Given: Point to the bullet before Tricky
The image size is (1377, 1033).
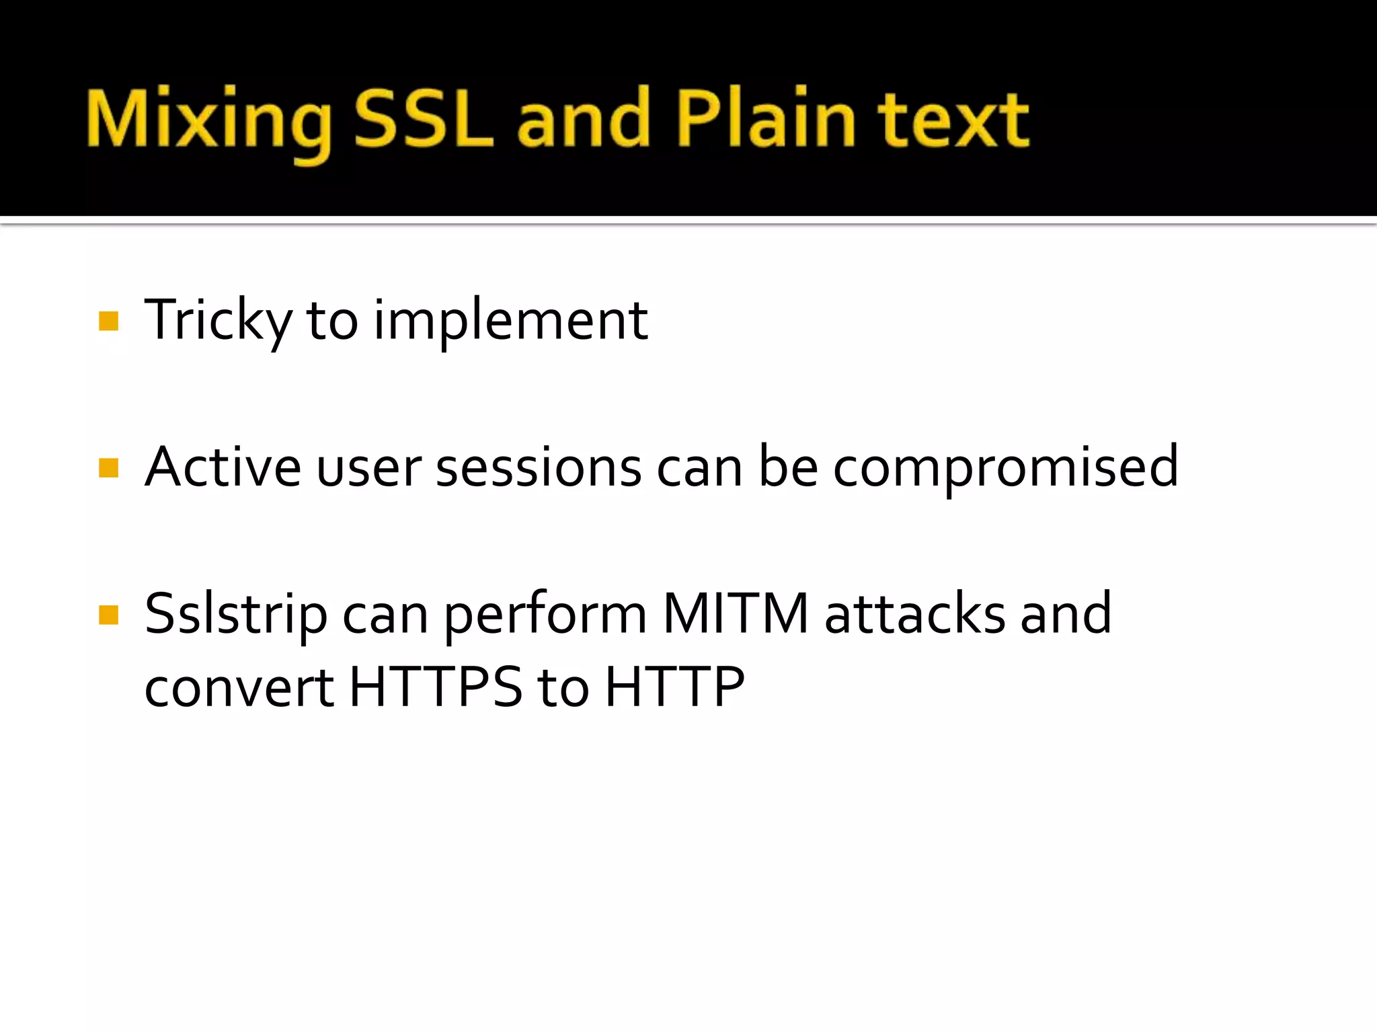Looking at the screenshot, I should [x=108, y=321].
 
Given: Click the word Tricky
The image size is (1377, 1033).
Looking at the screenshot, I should [x=218, y=321].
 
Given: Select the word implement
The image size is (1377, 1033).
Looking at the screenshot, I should [x=510, y=321].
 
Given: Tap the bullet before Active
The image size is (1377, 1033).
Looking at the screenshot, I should [x=108, y=467].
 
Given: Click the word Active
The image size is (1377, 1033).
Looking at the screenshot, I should [x=223, y=467].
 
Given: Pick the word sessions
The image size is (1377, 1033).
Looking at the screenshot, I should [x=539, y=469].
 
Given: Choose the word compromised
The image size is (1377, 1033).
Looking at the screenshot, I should [x=1005, y=469].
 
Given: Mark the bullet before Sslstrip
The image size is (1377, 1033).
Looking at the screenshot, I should [x=108, y=615].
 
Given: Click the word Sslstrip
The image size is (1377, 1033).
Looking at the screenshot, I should [x=235, y=615].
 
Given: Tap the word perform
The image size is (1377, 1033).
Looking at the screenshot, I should [x=545, y=615].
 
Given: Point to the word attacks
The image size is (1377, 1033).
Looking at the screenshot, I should [x=914, y=615].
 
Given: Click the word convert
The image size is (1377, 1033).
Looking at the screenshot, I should [x=239, y=688].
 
